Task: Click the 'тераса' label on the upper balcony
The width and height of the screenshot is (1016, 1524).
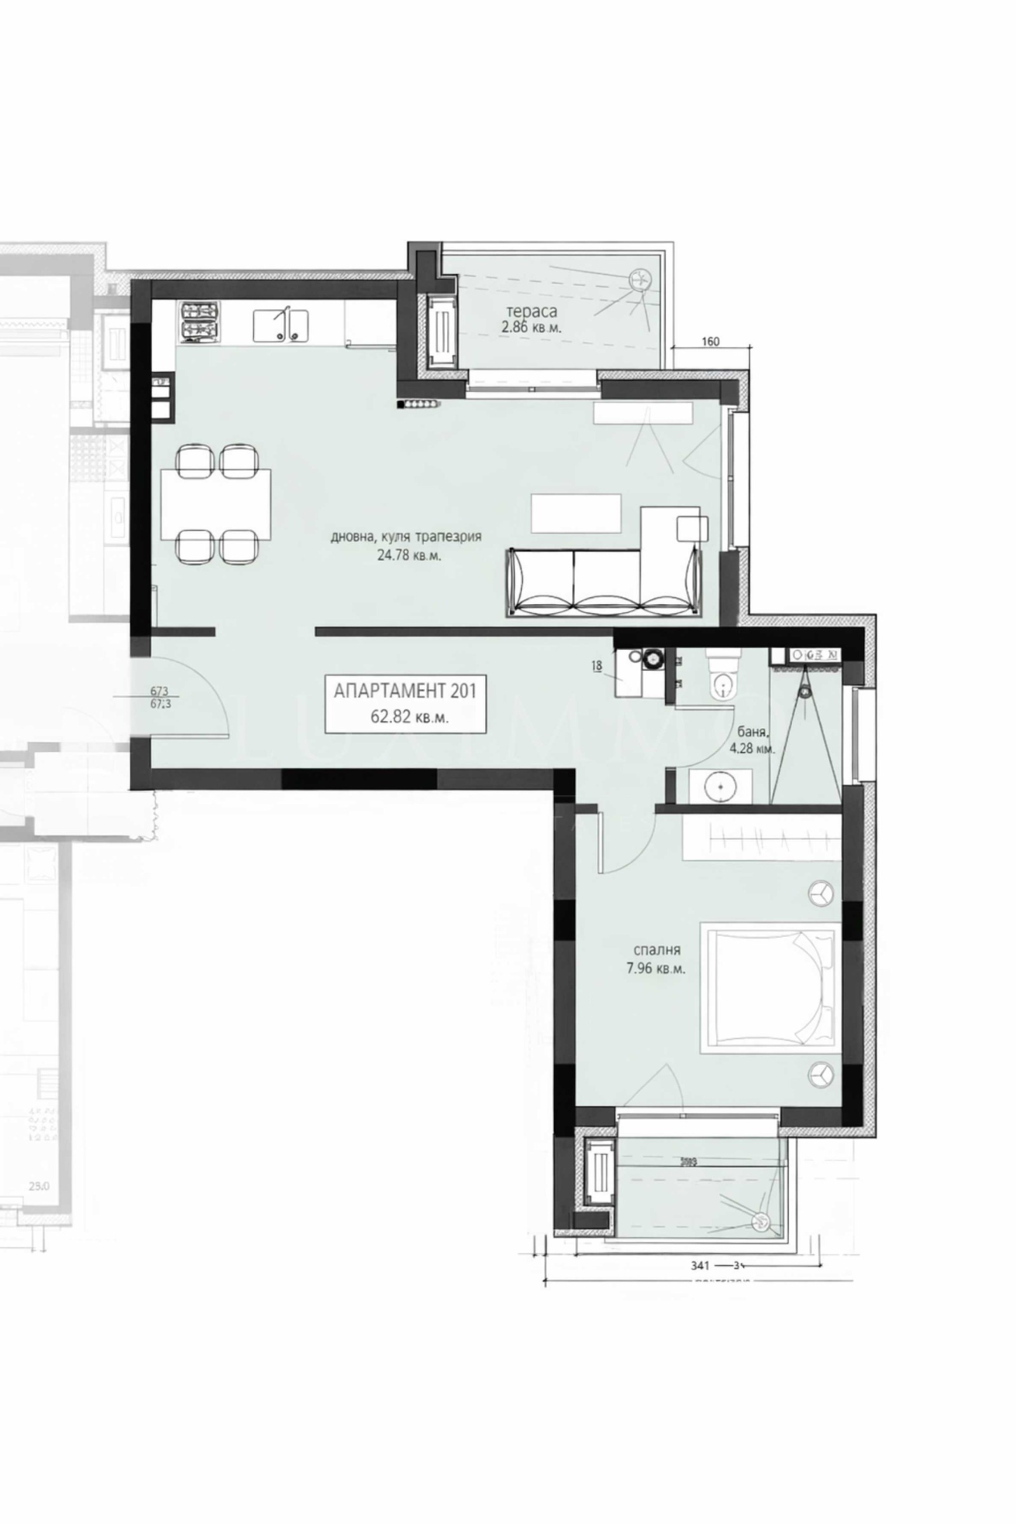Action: [x=531, y=312]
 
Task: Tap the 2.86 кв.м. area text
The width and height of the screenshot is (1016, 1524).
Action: [x=531, y=328]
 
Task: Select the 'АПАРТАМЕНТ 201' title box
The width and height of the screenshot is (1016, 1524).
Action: [x=405, y=704]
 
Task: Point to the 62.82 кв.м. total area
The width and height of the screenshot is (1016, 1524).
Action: [x=409, y=718]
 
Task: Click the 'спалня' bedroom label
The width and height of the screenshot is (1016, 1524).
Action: [x=657, y=950]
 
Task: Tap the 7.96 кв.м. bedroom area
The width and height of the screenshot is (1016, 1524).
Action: [x=657, y=970]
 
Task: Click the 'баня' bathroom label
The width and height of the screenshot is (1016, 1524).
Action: [x=752, y=733]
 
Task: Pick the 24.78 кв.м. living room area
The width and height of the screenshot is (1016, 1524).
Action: [x=409, y=555]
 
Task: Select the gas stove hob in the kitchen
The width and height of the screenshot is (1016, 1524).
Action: [x=198, y=322]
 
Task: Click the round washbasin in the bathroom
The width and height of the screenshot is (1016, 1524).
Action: [x=721, y=787]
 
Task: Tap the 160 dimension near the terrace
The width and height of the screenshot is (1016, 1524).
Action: [x=710, y=342]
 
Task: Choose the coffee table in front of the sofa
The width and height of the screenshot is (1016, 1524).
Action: [x=575, y=513]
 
